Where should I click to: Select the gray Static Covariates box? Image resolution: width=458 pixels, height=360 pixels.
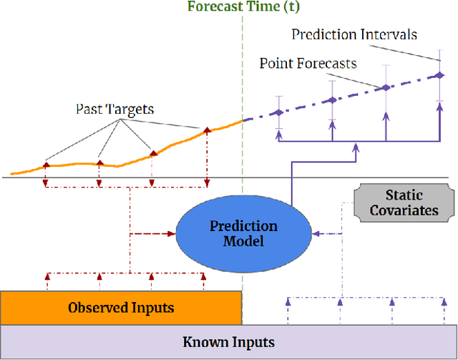(x=404, y=203)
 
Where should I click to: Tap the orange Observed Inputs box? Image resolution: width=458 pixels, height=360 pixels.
(x=121, y=308)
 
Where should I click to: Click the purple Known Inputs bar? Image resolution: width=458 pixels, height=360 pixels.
(x=228, y=341)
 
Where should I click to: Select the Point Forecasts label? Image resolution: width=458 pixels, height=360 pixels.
(x=308, y=64)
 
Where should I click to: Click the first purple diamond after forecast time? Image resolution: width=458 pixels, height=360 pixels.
(x=278, y=112)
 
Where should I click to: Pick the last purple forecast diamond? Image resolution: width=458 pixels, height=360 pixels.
(x=438, y=74)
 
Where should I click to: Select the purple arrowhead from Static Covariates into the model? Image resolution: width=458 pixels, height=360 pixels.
(x=318, y=233)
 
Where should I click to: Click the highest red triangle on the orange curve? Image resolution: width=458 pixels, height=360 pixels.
(x=207, y=130)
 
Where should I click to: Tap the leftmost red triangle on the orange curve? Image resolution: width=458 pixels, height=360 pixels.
(x=46, y=164)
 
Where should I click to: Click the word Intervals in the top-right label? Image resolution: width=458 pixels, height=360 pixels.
(x=394, y=34)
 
